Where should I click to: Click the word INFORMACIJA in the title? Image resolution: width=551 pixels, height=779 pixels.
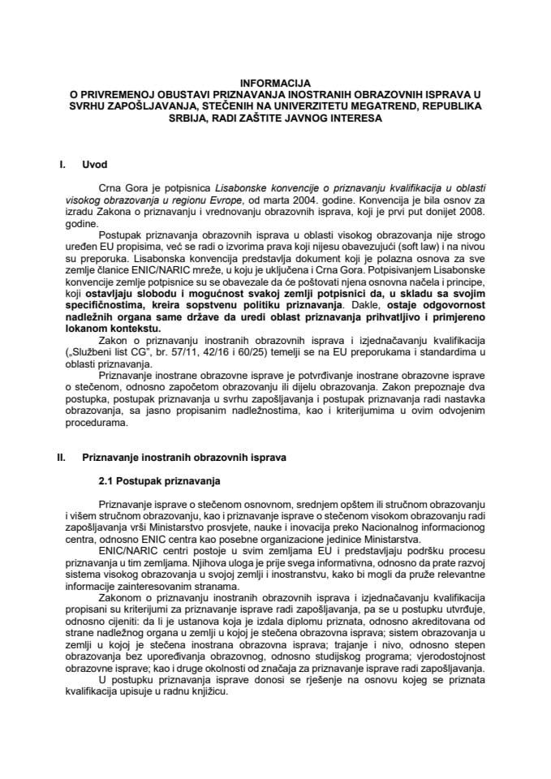point(274,82)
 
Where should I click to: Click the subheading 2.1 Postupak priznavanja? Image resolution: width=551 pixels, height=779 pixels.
point(154,482)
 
